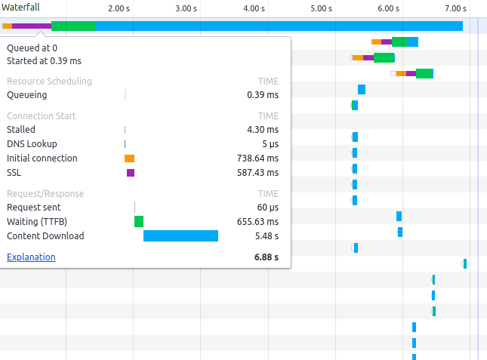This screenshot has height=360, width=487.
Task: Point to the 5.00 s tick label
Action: pyautogui.click(x=321, y=8)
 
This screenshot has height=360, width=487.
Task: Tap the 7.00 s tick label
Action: pyautogui.click(x=456, y=8)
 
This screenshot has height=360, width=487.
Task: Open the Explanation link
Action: pyautogui.click(x=31, y=257)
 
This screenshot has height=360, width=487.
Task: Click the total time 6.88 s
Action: pyautogui.click(x=267, y=257)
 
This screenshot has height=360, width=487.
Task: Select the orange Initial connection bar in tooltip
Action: pyautogui.click(x=129, y=158)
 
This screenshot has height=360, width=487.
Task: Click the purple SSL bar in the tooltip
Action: pyautogui.click(x=131, y=173)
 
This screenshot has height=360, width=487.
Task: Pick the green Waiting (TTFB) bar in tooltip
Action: pyautogui.click(x=139, y=221)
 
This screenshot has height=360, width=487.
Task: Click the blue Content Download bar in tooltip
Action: pyautogui.click(x=180, y=235)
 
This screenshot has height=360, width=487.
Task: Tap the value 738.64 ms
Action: pyautogui.click(x=257, y=158)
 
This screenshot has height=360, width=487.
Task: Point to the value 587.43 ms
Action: pyautogui.click(x=257, y=173)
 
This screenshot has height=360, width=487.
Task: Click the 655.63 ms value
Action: pyautogui.click(x=257, y=222)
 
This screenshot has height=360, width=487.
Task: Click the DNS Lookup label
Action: pyautogui.click(x=32, y=144)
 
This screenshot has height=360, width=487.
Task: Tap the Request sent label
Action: pyautogui.click(x=34, y=208)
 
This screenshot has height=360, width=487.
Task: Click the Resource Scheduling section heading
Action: pyautogui.click(x=49, y=82)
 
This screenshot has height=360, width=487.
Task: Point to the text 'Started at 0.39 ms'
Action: pyautogui.click(x=44, y=60)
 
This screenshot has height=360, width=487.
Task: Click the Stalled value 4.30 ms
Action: pyautogui.click(x=263, y=130)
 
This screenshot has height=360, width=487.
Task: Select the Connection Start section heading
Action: pyautogui.click(x=42, y=116)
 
